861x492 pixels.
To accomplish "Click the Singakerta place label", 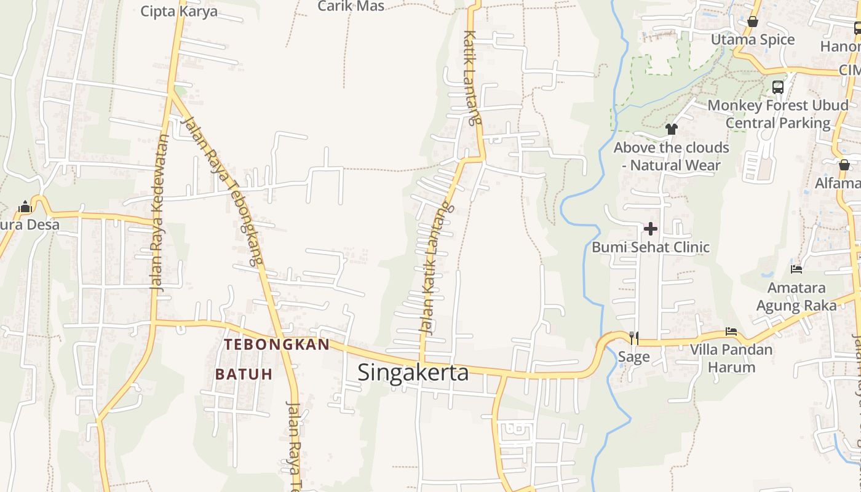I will pyautogui.click(x=413, y=373).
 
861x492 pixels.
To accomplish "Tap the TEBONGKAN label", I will pyautogui.click(x=277, y=344).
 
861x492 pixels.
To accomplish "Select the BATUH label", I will pyautogui.click(x=244, y=375).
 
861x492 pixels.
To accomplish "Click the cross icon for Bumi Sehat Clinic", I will pyautogui.click(x=650, y=229).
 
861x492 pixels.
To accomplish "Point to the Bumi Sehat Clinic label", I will pyautogui.click(x=650, y=247).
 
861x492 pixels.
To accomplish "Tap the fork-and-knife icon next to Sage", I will pyautogui.click(x=634, y=338).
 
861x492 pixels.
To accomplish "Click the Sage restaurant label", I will pyautogui.click(x=633, y=357).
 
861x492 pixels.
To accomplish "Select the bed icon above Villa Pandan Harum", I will pyautogui.click(x=731, y=331).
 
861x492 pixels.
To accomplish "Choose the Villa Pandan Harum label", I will pyautogui.click(x=731, y=359).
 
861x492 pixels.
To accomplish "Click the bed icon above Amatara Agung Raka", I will pyautogui.click(x=796, y=269).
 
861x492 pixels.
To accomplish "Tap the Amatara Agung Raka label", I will pyautogui.click(x=796, y=296).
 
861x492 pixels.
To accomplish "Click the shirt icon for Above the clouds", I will pyautogui.click(x=671, y=129).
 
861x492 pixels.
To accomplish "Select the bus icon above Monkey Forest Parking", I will pyautogui.click(x=777, y=87).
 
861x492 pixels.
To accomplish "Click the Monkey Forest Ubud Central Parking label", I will pyautogui.click(x=777, y=114).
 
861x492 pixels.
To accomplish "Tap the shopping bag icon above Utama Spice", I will pyautogui.click(x=752, y=22).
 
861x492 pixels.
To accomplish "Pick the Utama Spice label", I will pyautogui.click(x=752, y=40).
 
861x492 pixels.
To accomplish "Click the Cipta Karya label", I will pyautogui.click(x=179, y=11).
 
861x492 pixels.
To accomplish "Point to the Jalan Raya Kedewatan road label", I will pyautogui.click(x=159, y=212).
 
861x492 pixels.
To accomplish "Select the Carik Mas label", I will pyautogui.click(x=351, y=6).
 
